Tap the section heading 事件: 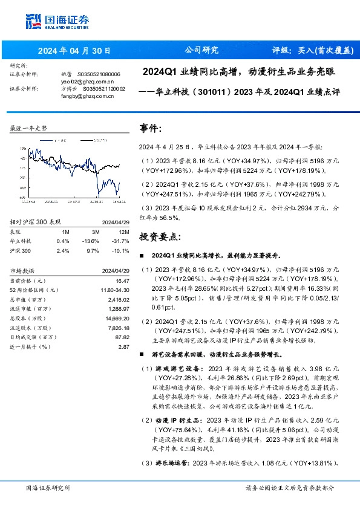[151, 129]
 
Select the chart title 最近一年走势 [29, 128]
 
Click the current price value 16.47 [123, 281]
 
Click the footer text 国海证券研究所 [48, 488]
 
